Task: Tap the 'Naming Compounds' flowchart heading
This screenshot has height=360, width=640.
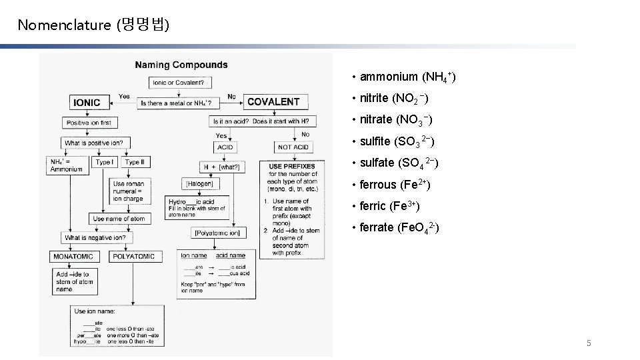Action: [x=181, y=65]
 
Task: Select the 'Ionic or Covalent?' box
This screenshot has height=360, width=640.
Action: [x=178, y=83]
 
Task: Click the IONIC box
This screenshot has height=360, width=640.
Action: [x=87, y=103]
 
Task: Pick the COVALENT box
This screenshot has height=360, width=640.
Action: [x=273, y=102]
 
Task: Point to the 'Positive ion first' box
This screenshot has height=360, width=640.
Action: [x=89, y=123]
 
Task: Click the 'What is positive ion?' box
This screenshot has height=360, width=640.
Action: [x=94, y=143]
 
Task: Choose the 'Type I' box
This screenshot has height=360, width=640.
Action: [x=104, y=162]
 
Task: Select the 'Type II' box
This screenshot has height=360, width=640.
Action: [x=135, y=162]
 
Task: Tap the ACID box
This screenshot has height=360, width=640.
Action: [x=225, y=147]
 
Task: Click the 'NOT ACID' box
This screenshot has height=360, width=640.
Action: [x=293, y=147]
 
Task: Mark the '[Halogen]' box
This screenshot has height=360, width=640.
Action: [x=199, y=183]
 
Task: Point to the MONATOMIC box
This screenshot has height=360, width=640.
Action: [x=73, y=256]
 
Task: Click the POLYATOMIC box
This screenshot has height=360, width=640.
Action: [x=133, y=256]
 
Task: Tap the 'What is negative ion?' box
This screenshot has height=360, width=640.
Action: [x=95, y=237]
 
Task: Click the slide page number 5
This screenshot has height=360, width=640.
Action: [x=589, y=343]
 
